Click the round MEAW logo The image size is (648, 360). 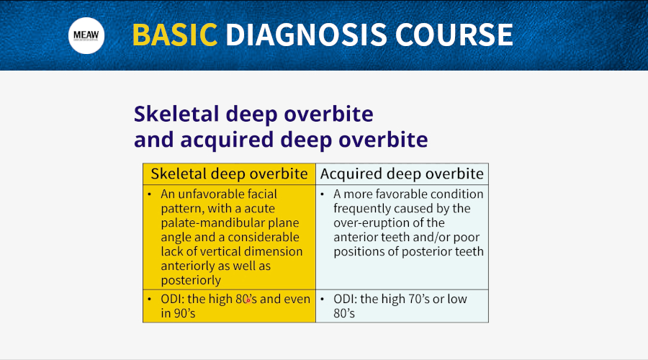point(86,35)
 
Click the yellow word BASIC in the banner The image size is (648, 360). point(175,35)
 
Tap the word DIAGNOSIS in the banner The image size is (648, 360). point(306,35)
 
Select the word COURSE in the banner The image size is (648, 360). point(454,35)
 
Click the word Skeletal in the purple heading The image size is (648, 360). point(176,114)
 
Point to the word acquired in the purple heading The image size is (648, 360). point(227,140)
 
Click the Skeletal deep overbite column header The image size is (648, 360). point(230,174)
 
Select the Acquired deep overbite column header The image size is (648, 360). point(402,174)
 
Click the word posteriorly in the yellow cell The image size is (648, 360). point(191,280)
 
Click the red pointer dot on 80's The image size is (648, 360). point(248,300)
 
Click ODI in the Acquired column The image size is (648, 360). point(343,299)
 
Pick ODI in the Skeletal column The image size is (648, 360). point(171,299)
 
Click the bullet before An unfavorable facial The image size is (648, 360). point(150,194)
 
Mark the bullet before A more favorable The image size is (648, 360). point(323,194)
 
